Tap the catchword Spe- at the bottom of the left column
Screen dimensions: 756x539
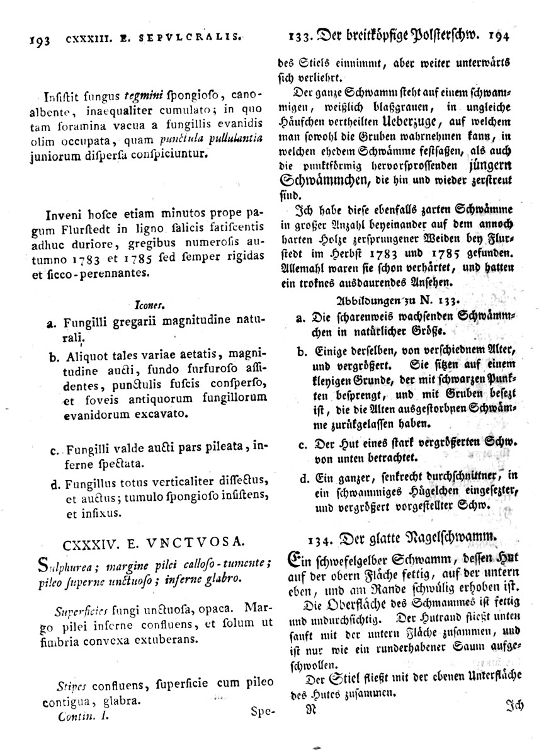263,713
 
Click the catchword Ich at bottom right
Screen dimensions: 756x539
515,706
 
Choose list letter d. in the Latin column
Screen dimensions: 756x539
53,484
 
